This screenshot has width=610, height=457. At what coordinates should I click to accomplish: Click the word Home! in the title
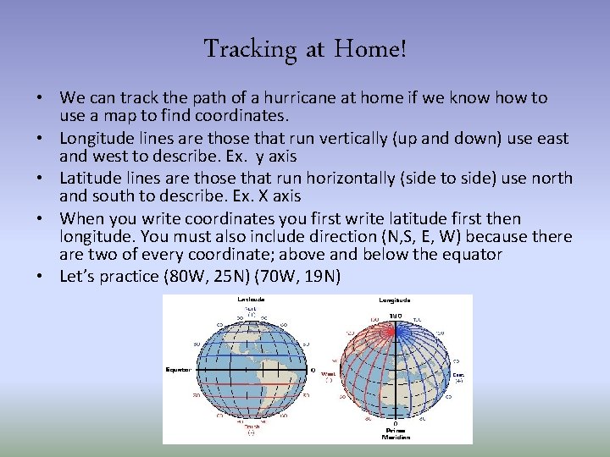click(x=370, y=49)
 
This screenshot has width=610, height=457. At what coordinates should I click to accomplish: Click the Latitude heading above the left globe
click(x=251, y=300)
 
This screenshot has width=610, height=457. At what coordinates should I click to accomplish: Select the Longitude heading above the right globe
click(x=394, y=300)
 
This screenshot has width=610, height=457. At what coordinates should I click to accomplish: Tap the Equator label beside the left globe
click(x=178, y=369)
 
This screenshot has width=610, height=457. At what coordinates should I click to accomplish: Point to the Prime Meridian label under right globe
click(x=396, y=432)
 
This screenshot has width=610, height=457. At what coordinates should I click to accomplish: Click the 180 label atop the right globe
click(x=395, y=316)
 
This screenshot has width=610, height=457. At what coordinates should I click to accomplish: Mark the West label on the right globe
click(x=328, y=372)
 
